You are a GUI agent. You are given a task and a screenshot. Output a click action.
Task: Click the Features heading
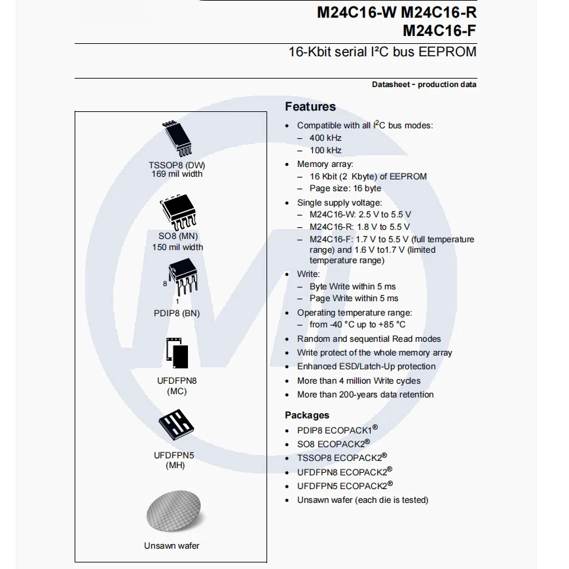click(310, 107)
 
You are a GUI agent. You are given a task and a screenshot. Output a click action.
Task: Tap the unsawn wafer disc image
click(172, 512)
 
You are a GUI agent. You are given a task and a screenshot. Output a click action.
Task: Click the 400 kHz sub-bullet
click(325, 138)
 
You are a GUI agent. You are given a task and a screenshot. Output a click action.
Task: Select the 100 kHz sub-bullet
click(325, 150)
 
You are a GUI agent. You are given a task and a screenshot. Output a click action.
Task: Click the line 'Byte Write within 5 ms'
click(352, 286)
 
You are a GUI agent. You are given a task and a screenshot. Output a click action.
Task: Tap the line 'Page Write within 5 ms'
click(354, 299)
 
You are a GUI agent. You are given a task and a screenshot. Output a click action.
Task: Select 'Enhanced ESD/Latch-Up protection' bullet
click(366, 367)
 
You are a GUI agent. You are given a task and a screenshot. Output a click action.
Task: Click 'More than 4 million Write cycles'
click(359, 380)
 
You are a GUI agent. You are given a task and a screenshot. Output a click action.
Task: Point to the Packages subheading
click(307, 415)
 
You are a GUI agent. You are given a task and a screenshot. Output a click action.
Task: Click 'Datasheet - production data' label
click(424, 84)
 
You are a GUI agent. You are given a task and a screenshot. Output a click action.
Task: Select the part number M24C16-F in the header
click(439, 30)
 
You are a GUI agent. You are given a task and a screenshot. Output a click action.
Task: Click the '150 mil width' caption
click(177, 248)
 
